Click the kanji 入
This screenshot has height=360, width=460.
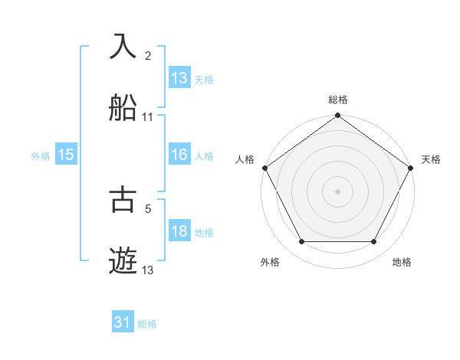click(x=124, y=47)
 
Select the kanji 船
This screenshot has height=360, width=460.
click(x=124, y=108)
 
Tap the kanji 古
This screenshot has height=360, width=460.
click(x=124, y=200)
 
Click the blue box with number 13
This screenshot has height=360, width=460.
click(x=179, y=78)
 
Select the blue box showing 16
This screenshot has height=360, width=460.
click(x=179, y=155)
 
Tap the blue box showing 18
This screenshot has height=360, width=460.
click(x=179, y=231)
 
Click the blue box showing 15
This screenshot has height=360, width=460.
click(x=66, y=155)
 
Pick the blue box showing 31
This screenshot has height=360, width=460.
click(x=123, y=323)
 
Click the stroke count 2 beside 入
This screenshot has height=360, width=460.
click(x=148, y=55)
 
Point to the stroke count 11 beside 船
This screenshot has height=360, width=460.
click(x=148, y=117)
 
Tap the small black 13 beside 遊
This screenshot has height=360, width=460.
click(x=148, y=270)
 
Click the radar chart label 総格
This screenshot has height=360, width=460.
click(x=337, y=100)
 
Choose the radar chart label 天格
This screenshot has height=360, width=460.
click(x=431, y=159)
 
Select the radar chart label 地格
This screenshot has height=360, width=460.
click(x=402, y=262)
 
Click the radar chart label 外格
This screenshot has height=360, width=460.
click(x=270, y=262)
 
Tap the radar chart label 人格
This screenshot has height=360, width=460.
click(x=245, y=159)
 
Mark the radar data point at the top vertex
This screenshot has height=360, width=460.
click(x=337, y=116)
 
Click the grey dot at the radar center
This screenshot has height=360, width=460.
click(x=337, y=191)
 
